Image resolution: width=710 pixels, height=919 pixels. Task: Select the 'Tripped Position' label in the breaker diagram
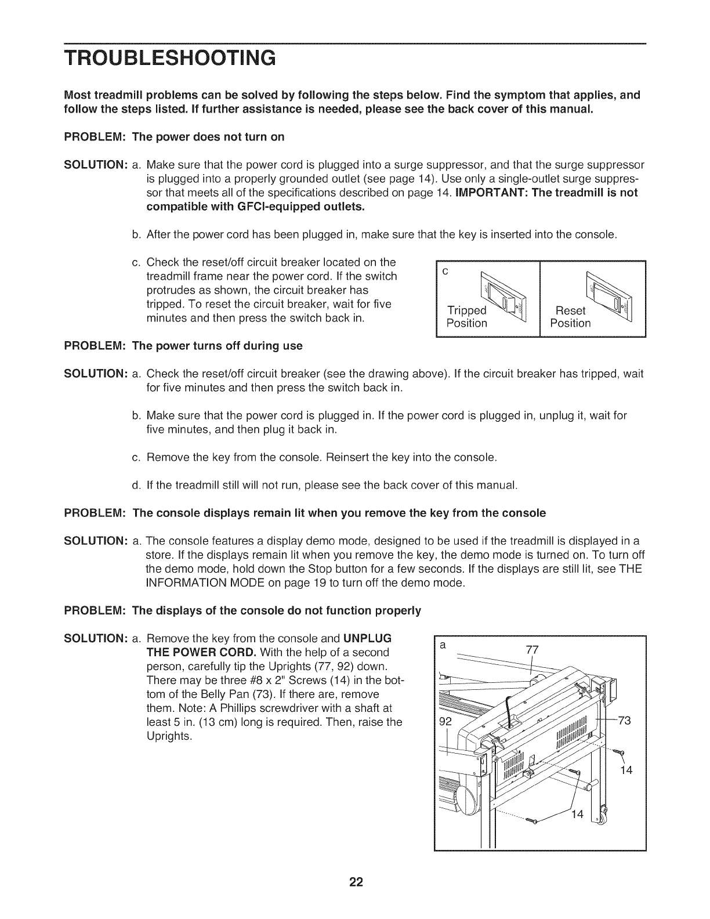[x=467, y=316]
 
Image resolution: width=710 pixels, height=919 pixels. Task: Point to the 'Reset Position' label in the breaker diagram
[x=570, y=316]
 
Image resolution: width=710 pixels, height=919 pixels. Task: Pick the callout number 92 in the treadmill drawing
[x=444, y=722]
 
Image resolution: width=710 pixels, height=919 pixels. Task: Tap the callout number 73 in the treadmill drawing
[x=625, y=721]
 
